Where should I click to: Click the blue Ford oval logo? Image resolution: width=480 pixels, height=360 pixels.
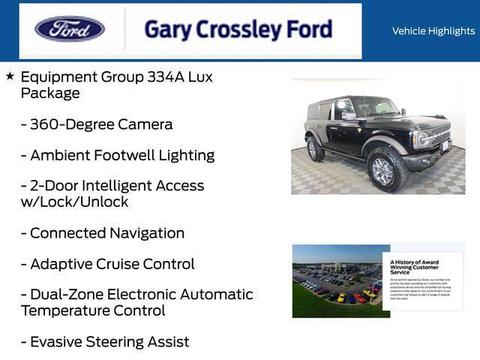(x=69, y=29)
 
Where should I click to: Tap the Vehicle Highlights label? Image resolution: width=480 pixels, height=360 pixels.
(x=433, y=31)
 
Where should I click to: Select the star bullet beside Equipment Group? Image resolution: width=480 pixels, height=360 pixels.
(x=10, y=76)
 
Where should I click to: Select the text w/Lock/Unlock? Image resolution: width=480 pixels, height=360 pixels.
(x=74, y=202)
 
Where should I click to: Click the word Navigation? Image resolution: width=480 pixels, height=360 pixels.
(x=147, y=233)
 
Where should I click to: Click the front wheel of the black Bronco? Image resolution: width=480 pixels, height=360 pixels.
(x=382, y=170)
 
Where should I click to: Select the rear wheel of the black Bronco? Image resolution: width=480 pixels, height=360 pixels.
(x=316, y=148)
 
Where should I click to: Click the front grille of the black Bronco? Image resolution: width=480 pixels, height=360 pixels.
(x=439, y=135)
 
